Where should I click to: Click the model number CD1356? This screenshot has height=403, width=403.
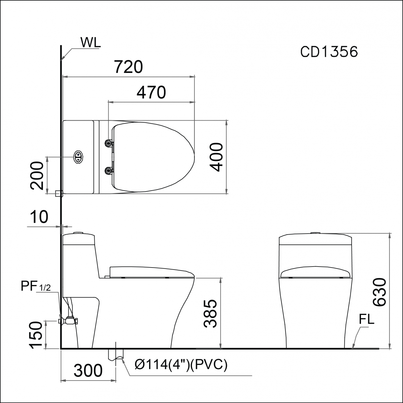click(x=329, y=52)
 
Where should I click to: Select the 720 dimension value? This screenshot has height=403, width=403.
click(x=129, y=67)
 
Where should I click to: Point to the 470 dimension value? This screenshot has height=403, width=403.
click(x=151, y=92)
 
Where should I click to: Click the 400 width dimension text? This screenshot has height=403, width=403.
click(x=216, y=157)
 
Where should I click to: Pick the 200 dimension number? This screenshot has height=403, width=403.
click(x=37, y=175)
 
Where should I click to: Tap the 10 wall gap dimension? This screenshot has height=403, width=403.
click(x=39, y=217)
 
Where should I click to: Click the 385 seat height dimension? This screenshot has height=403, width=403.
click(x=210, y=314)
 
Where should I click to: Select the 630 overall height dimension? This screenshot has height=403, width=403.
click(x=379, y=292)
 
